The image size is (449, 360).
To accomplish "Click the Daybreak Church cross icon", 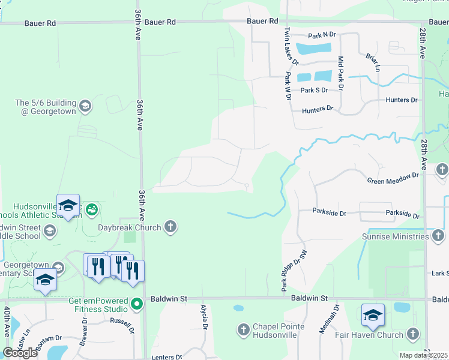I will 170,227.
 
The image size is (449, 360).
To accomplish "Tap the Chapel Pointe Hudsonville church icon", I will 243,329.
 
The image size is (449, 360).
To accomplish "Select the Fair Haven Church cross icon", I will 412,333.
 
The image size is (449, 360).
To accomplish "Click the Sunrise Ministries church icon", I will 441,236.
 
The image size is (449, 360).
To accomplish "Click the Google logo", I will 20,353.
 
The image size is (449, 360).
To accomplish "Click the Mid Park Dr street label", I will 340,73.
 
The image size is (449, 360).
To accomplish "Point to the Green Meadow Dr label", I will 393,178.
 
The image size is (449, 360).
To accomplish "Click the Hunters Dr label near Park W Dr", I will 318,110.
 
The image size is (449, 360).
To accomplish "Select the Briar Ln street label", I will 373,62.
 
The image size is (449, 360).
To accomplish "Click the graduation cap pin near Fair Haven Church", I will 373,314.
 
